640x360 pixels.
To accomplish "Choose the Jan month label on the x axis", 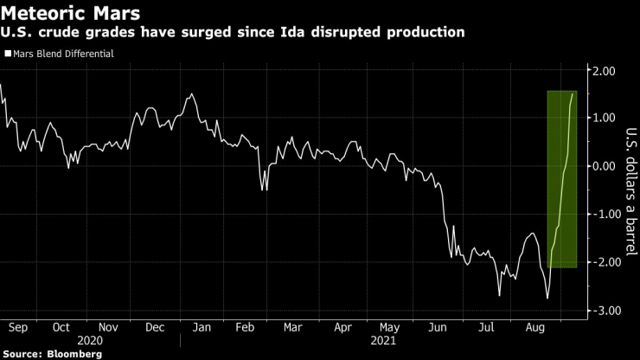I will click(202, 328).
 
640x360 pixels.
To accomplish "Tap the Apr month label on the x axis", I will click(342, 328).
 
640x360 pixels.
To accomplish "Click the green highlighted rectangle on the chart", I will click(563, 179).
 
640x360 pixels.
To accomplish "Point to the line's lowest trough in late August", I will click(547, 299).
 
